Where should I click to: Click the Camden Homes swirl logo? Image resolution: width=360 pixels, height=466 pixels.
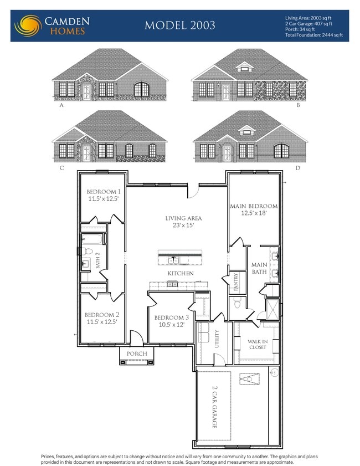click(27, 25)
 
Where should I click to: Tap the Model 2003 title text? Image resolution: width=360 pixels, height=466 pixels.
click(180, 25)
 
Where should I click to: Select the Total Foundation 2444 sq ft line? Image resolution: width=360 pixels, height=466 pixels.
click(314, 35)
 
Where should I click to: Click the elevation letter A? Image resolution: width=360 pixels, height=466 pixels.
click(60, 104)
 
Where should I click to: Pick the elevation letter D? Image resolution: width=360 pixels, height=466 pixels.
click(297, 167)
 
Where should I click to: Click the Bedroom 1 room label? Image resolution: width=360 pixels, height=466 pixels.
click(103, 192)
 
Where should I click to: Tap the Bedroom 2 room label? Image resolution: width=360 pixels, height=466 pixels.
click(102, 314)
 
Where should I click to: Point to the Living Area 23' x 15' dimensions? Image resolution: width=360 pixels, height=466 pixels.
click(183, 226)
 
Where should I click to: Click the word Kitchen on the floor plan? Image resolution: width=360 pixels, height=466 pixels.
click(181, 273)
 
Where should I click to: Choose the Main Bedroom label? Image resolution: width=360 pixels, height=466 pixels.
click(254, 206)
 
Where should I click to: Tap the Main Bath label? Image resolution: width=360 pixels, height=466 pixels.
click(259, 268)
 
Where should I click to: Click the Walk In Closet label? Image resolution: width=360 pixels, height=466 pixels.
click(258, 344)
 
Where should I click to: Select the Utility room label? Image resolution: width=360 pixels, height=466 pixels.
click(217, 338)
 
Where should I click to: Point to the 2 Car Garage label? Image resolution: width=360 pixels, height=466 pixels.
click(214, 407)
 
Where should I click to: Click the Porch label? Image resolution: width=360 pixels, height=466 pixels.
click(137, 354)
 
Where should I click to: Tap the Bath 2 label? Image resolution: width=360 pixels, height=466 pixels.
click(97, 260)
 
